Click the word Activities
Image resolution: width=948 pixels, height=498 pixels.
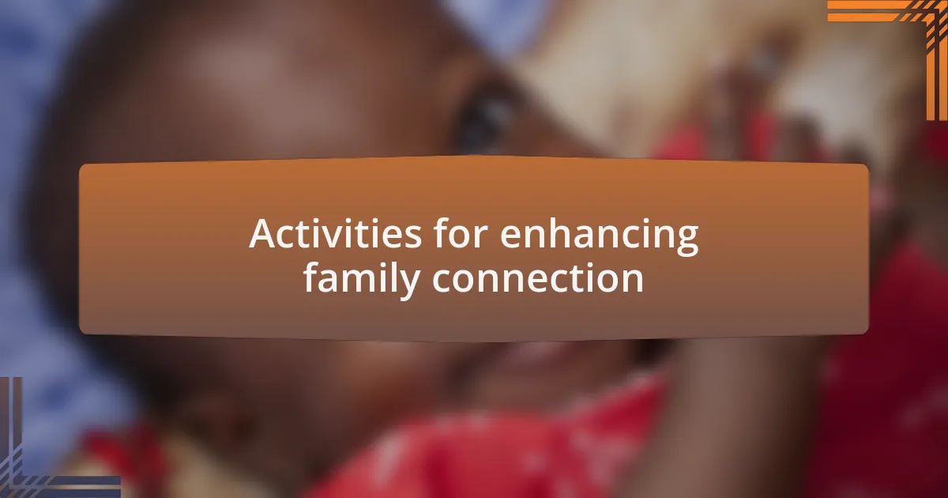pos(335,233)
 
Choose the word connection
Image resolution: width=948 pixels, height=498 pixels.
pos(537,277)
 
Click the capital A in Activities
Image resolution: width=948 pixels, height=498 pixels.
pos(263,233)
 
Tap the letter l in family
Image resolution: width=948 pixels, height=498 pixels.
pos(389,277)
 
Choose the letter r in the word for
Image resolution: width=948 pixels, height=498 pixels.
pos(482,236)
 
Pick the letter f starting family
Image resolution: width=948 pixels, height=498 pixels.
pos(311,277)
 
